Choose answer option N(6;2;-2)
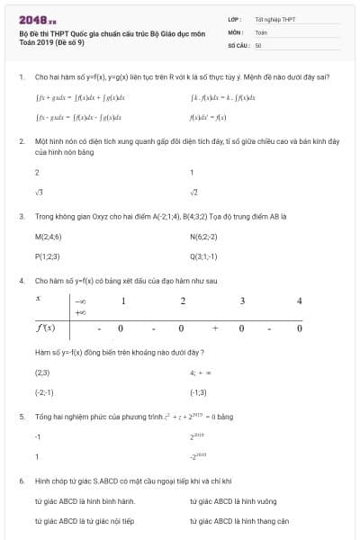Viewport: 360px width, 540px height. coord(204,237)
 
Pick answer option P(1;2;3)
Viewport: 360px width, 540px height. coord(49,256)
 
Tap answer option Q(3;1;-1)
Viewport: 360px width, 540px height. coord(204,256)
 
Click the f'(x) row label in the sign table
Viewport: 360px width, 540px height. coord(45,328)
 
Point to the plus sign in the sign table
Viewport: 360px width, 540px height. coord(214,328)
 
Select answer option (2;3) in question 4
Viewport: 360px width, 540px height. coord(41,372)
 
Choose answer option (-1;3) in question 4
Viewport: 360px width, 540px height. coord(198,392)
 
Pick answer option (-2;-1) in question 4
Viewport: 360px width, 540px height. coord(43,392)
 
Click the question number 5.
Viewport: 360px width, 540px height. coord(21,417)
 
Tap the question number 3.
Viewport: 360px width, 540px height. coord(21,217)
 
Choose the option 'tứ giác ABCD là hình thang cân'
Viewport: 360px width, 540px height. coord(238,520)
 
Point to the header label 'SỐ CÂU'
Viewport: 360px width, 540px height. coord(238,44)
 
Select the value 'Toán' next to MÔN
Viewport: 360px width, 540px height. coord(261,31)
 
